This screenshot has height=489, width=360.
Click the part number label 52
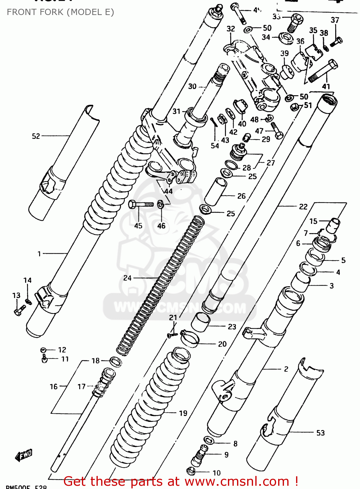[36, 136]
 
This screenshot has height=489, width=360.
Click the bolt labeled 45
[140, 204]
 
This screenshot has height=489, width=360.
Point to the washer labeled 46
[160, 205]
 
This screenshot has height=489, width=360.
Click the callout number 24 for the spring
[127, 278]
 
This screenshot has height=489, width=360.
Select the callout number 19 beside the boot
[183, 413]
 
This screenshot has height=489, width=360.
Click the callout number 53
[321, 433]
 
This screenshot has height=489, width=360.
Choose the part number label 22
[303, 206]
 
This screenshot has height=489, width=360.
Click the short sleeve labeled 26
[215, 192]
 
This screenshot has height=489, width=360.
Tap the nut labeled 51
[294, 107]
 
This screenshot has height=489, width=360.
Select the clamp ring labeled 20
[190, 338]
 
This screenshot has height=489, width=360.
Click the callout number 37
[335, 20]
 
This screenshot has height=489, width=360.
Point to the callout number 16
[53, 387]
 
